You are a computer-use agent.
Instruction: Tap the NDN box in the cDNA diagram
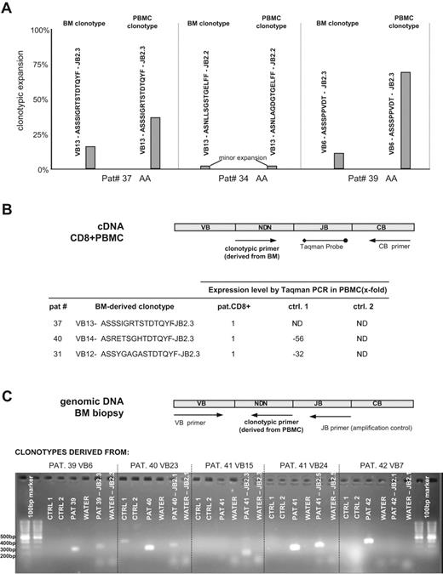(x=263, y=228)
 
